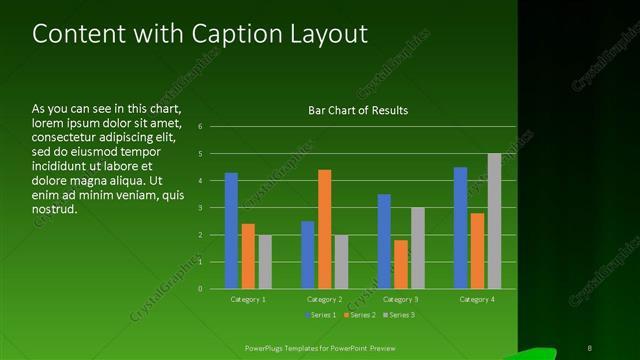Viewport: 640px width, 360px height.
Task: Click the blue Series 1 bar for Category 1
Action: coord(231,230)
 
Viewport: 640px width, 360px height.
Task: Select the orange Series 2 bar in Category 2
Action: coord(324,229)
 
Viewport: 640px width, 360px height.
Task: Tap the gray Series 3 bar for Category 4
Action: coord(494,221)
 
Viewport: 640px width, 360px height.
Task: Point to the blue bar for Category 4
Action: coord(460,227)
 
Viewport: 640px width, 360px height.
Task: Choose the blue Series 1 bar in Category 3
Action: coord(384,241)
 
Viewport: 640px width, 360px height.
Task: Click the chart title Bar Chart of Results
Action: coord(357,110)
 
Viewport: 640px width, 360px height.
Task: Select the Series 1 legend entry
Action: coord(320,315)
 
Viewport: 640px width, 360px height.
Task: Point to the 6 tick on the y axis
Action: coord(200,127)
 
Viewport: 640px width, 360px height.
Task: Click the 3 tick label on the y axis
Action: coord(200,208)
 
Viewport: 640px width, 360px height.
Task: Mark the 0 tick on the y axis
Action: coord(200,289)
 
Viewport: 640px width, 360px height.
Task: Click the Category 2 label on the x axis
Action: coord(324,299)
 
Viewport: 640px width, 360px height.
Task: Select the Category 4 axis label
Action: coord(477,299)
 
